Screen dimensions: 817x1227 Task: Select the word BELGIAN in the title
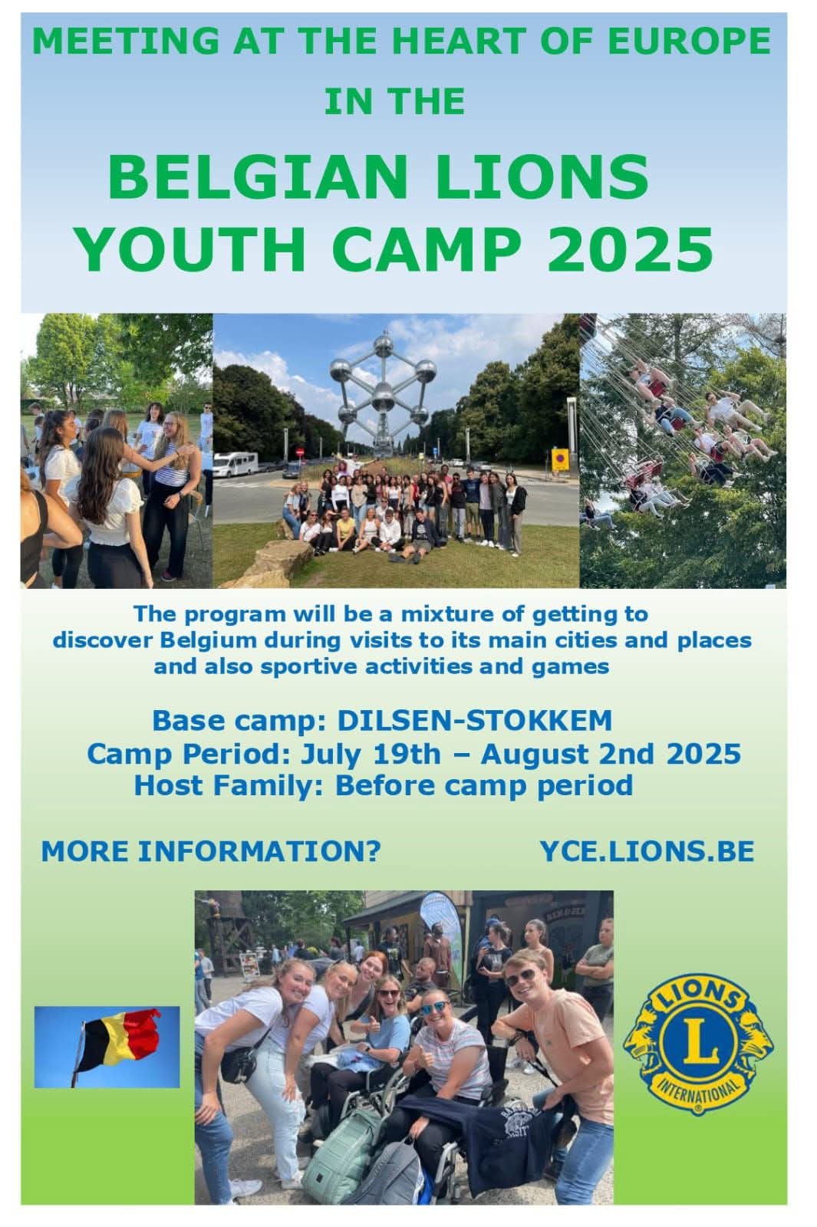point(258,178)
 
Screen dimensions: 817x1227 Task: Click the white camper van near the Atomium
point(236,464)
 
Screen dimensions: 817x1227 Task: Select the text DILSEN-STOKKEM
point(475,720)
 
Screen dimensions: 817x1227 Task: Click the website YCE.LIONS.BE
point(647,851)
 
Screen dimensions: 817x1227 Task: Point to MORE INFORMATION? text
point(211,851)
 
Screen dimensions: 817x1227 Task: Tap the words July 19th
point(371,755)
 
